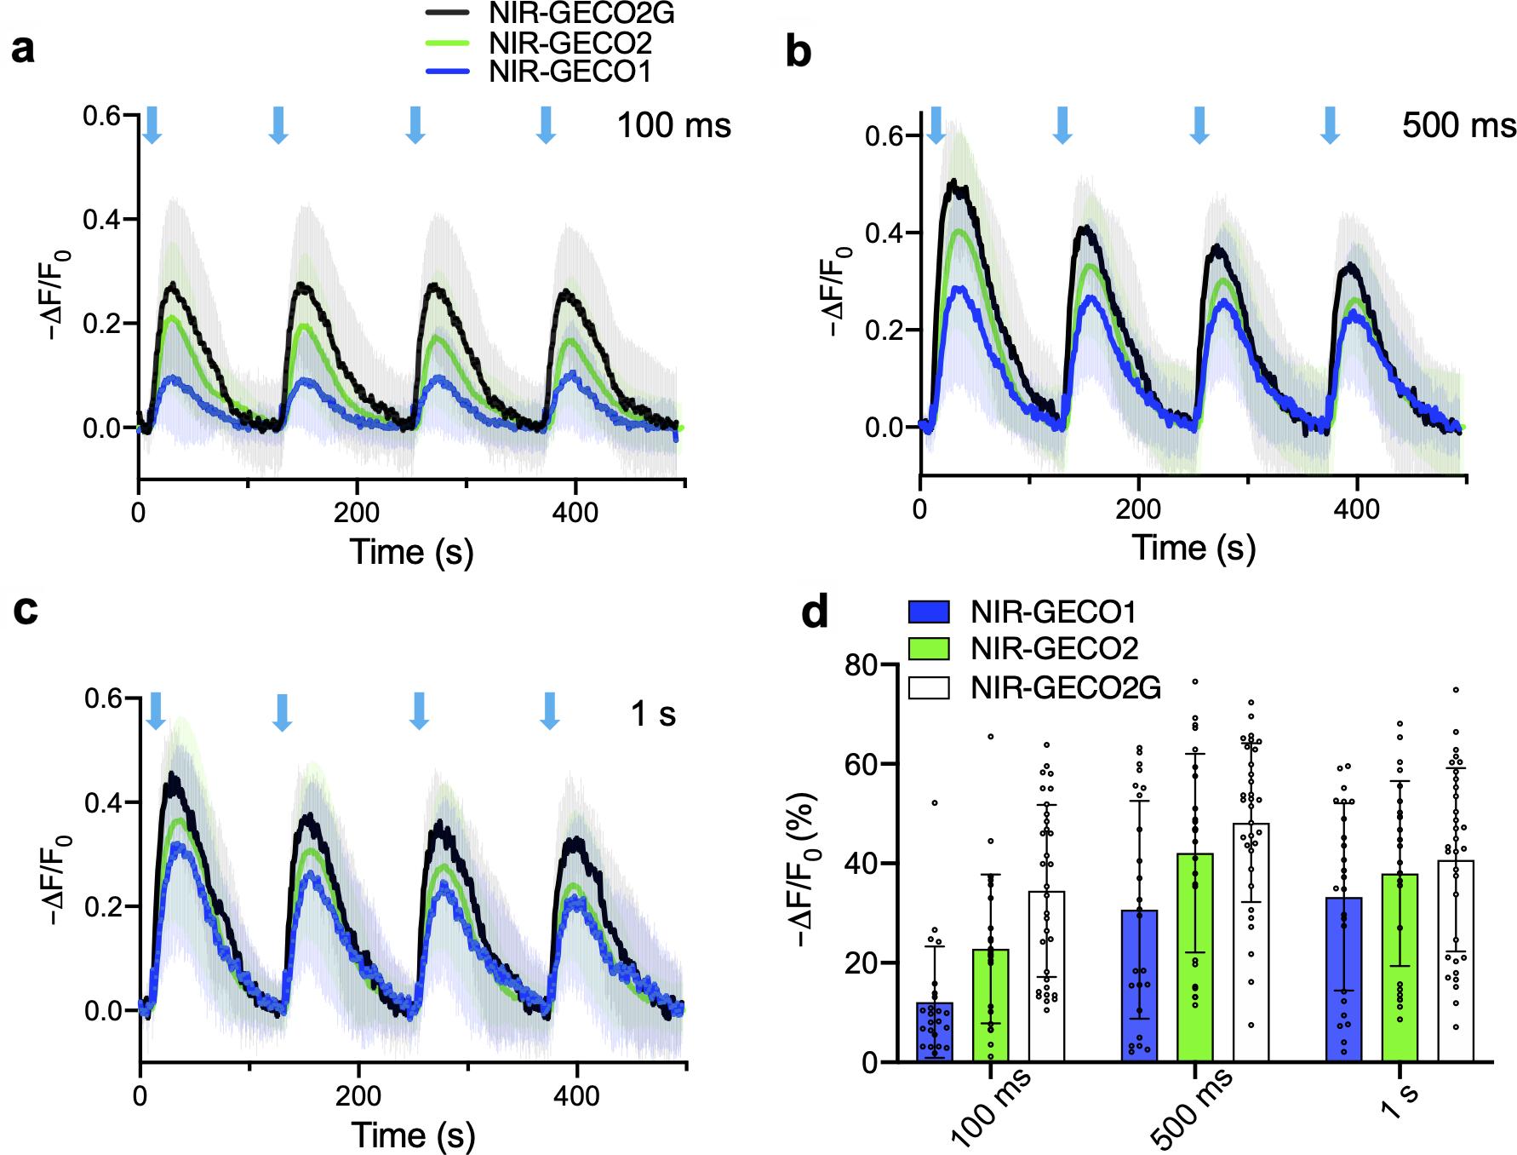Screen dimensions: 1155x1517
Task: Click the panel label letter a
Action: click(x=24, y=50)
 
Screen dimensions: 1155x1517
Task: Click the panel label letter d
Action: click(x=816, y=611)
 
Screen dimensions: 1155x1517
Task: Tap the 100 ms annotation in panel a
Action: click(x=673, y=125)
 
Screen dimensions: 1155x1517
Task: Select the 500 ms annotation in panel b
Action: click(x=1458, y=125)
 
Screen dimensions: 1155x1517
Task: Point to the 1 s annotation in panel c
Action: click(x=653, y=713)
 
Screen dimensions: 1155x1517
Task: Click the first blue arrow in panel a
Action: click(x=152, y=124)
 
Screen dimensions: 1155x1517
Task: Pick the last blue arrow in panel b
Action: click(x=1330, y=124)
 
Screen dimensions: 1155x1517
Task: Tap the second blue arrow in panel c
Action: click(x=283, y=711)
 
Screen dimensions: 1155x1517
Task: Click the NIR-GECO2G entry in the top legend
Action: click(x=570, y=14)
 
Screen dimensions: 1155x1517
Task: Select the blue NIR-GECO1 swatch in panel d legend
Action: click(x=929, y=612)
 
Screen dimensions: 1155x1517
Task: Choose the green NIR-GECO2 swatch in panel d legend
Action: click(x=929, y=648)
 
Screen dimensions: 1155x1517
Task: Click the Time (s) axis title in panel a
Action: click(x=411, y=551)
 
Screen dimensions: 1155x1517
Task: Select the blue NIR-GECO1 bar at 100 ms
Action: click(x=935, y=1031)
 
